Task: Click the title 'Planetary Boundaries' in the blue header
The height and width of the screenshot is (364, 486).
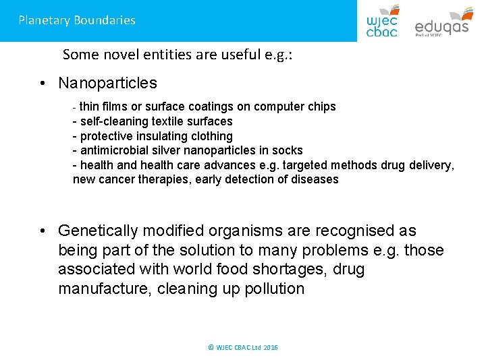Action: (77, 20)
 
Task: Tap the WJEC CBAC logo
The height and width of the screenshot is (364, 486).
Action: (382, 21)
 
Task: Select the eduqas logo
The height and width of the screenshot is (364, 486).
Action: (442, 22)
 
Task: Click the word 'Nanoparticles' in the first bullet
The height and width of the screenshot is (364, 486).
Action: (107, 84)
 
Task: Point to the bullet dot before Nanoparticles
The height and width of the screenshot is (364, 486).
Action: (43, 84)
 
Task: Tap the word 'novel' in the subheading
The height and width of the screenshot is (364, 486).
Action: (134, 55)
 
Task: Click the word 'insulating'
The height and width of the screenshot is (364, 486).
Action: (159, 136)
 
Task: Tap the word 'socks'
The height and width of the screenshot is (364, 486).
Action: (287, 150)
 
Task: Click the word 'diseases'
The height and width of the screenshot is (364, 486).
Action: (315, 179)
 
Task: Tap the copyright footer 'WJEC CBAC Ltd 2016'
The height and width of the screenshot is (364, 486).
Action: (243, 348)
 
